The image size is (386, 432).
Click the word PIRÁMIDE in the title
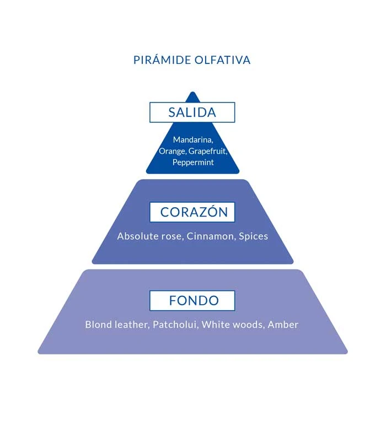point(162,60)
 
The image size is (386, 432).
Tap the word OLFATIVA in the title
point(223,60)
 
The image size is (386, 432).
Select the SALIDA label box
point(192,112)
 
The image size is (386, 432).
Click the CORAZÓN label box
point(192,212)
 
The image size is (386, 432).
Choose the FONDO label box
point(192,301)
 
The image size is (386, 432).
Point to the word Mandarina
point(193,140)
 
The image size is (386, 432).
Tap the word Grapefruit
point(208,151)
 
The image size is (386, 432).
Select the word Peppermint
point(193,162)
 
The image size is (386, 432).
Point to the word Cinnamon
point(211,236)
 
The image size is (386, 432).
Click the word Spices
point(254,236)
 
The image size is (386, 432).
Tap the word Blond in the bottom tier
point(98,325)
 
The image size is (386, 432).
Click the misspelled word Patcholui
point(175,325)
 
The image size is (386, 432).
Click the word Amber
point(283,325)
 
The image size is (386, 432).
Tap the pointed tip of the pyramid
point(193,92)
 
